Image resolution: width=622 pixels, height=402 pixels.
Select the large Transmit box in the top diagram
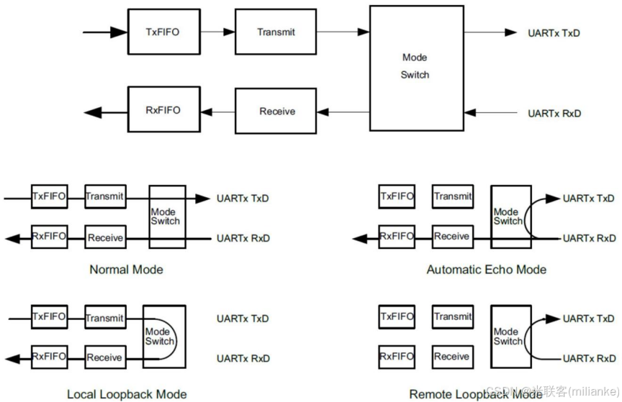click(276, 32)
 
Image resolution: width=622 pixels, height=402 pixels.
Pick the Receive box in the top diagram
click(276, 111)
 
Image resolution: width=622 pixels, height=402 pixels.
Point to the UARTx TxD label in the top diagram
click(554, 32)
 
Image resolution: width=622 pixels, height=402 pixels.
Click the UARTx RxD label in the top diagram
click(554, 114)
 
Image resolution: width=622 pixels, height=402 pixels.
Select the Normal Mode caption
click(126, 270)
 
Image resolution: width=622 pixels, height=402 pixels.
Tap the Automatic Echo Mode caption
click(486, 270)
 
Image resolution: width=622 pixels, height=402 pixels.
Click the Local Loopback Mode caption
click(127, 394)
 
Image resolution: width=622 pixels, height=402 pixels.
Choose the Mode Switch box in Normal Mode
click(166, 216)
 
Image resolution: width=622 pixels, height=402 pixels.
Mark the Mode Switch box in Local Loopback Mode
click(163, 337)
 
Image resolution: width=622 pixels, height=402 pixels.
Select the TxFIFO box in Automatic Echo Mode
click(397, 196)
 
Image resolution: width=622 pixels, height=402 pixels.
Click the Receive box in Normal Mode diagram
click(105, 237)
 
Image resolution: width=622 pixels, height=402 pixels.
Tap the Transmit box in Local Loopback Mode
click(105, 317)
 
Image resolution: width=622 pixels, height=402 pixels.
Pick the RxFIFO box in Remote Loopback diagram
click(397, 357)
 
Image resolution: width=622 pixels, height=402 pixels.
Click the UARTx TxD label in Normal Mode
click(243, 198)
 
